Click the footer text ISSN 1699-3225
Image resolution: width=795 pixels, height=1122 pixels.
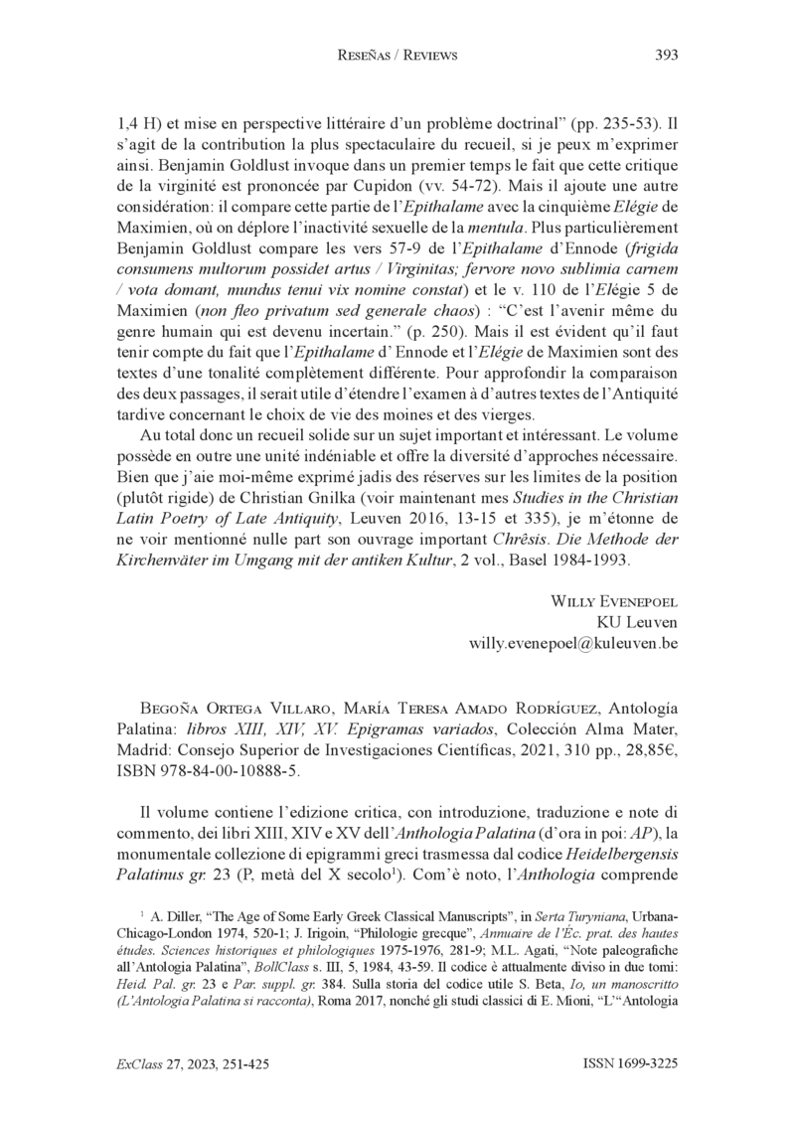tap(630, 1063)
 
